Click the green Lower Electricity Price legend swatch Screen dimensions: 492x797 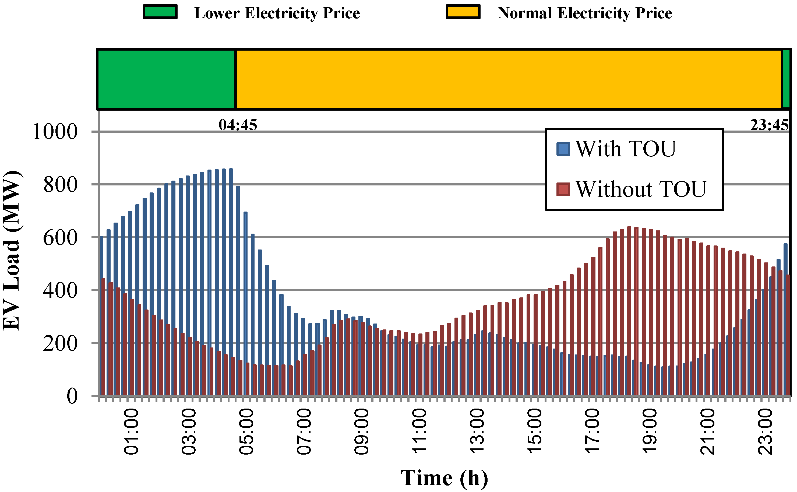160,12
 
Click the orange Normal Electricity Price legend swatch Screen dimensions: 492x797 463,12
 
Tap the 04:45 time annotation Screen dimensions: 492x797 238,125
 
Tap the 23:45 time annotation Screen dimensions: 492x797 769,125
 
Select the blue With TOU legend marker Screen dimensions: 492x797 563,149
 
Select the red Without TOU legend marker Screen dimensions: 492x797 563,189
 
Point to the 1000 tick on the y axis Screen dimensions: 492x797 55,132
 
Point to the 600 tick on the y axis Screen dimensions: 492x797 60,238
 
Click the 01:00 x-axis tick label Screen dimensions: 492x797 131,431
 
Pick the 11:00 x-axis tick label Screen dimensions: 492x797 419,431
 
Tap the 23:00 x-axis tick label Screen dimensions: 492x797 765,431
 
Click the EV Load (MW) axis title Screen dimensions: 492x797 12,251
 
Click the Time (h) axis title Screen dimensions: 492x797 444,478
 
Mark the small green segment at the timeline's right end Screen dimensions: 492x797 786,79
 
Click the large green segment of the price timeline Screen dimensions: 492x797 166,79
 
